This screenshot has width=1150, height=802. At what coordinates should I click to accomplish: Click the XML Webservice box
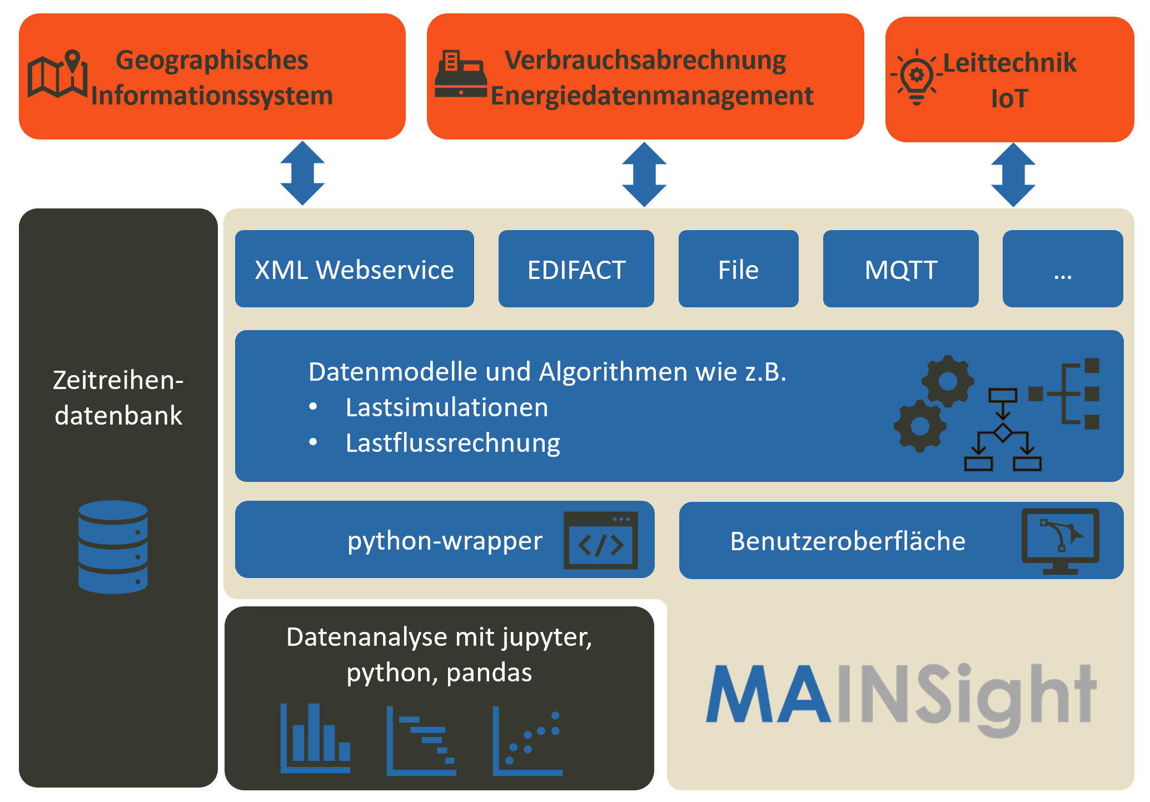tap(354, 269)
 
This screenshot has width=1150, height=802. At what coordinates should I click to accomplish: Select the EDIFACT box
tap(576, 269)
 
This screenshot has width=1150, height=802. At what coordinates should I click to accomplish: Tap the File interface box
tap(738, 269)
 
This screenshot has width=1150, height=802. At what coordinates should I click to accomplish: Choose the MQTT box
tap(900, 269)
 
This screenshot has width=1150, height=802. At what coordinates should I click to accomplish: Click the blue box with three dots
tap(1062, 269)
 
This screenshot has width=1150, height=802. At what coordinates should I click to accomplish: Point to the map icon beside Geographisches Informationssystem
tap(57, 75)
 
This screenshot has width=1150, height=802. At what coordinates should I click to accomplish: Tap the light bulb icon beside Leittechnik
tap(917, 78)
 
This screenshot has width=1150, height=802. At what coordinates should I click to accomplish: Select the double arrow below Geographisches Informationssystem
tap(302, 173)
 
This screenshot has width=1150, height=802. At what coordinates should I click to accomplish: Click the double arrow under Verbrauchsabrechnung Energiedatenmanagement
tap(644, 174)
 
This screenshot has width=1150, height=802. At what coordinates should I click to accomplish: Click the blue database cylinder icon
tap(113, 547)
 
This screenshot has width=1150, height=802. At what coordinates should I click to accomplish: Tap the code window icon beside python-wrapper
tap(600, 540)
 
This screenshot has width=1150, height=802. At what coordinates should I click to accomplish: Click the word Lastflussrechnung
tap(452, 443)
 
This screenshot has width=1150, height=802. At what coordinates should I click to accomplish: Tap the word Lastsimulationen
tap(446, 407)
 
